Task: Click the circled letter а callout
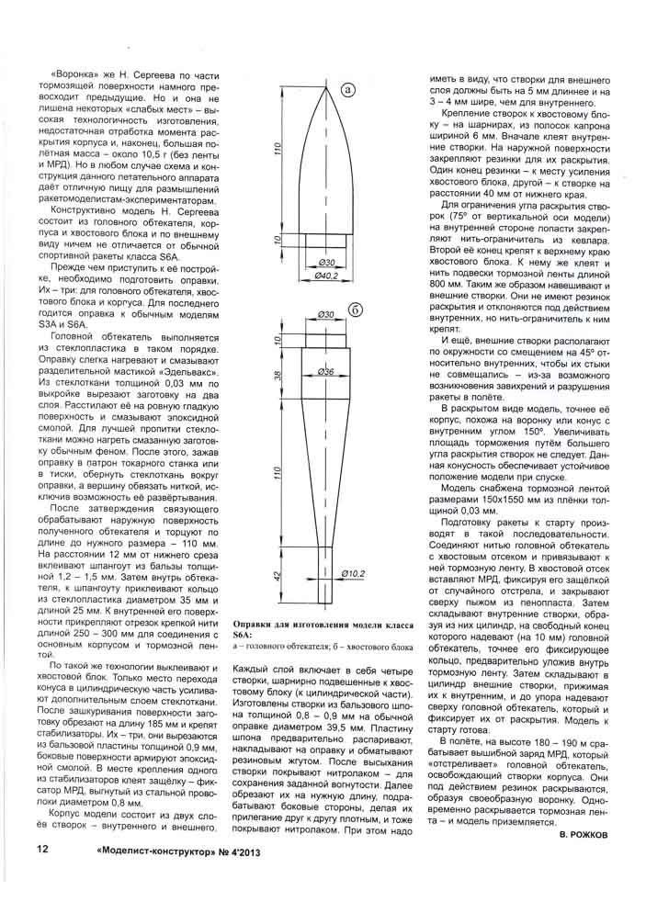click(x=349, y=89)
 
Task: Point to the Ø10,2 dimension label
click(x=353, y=576)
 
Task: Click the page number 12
click(x=41, y=849)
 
